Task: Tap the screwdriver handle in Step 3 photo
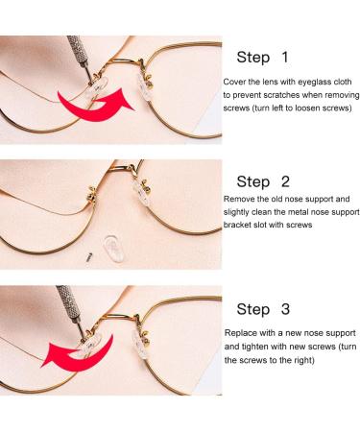pos(66,300)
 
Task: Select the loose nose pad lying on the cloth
pos(114,249)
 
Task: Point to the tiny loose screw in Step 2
pos(89,256)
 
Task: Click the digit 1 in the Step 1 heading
pos(284,58)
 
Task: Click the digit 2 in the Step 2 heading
pos(285,181)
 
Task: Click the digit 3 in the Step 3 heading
pos(285,309)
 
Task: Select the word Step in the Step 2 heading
pos(253,182)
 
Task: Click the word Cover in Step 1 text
pos(234,82)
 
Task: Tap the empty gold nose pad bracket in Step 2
pos(92,193)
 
